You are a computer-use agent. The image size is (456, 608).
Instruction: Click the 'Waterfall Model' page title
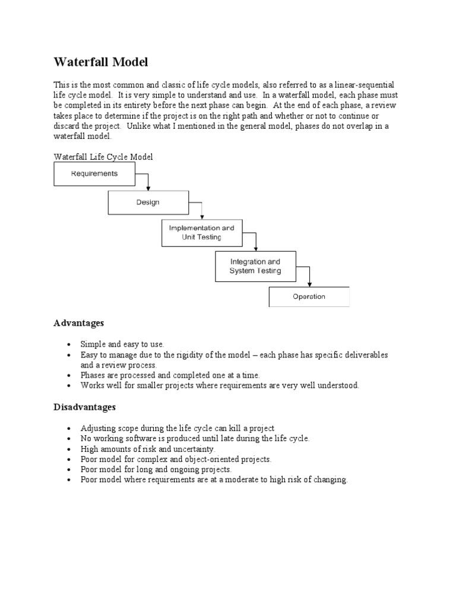[x=102, y=62]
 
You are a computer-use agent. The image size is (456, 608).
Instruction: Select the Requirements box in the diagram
[x=94, y=174]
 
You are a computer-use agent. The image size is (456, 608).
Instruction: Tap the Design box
[x=148, y=202]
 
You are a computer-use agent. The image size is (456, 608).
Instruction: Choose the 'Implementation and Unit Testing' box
[x=202, y=232]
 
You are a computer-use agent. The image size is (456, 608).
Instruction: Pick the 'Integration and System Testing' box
[x=255, y=266]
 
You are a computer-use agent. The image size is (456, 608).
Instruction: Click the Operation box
[x=309, y=297]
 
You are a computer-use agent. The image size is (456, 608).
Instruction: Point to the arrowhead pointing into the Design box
[x=148, y=187]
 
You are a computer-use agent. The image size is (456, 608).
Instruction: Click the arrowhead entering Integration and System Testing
[x=255, y=248]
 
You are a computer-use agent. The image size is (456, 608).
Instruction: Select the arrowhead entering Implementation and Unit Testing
[x=202, y=217]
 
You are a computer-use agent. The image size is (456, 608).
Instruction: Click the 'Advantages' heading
[x=78, y=323]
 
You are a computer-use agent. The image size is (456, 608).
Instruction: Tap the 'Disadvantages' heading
[x=85, y=407]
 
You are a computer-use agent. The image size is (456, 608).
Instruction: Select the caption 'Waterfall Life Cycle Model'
[x=103, y=157]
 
